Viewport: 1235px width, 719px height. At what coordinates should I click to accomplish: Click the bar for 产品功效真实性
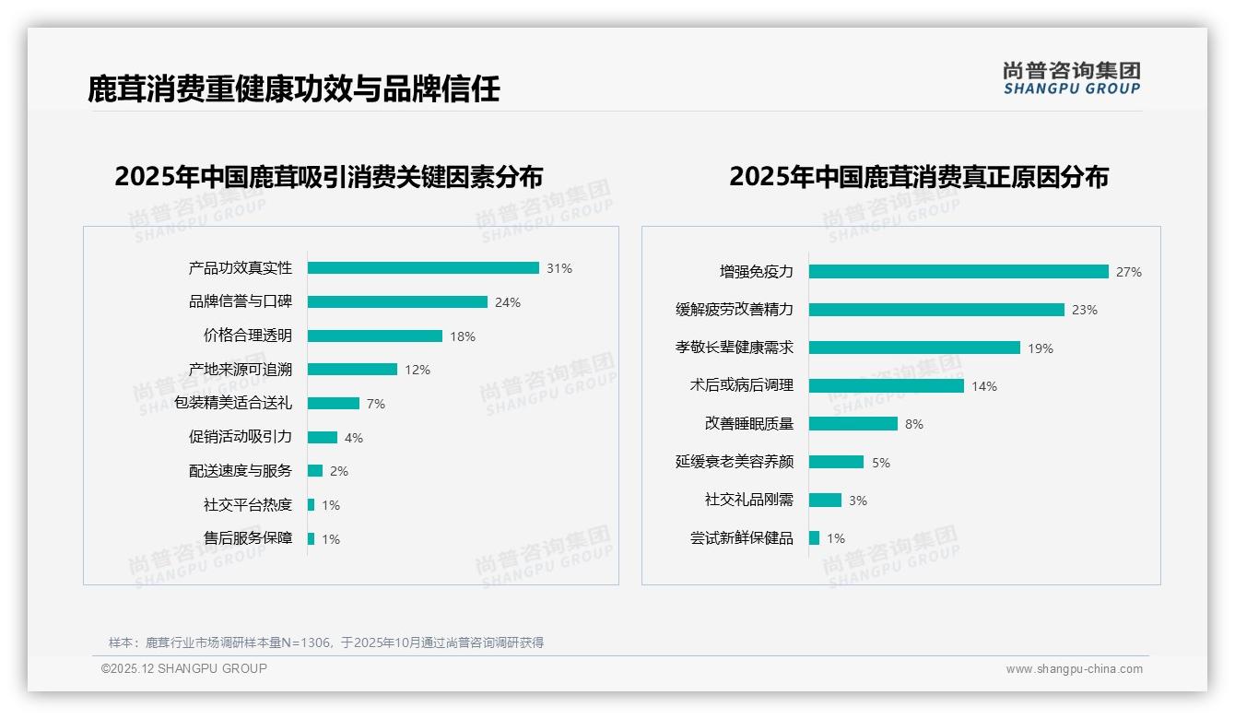(x=423, y=268)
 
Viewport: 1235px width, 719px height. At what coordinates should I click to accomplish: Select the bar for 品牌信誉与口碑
(x=397, y=302)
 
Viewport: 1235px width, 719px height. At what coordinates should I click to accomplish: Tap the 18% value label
(x=463, y=336)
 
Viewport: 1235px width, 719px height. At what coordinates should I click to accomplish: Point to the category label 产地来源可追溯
(x=241, y=370)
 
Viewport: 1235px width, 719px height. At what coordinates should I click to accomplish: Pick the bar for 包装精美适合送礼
(x=334, y=404)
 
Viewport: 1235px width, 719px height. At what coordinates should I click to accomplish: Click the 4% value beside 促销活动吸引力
(x=354, y=438)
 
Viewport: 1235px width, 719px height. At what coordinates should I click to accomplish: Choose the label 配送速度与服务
(x=241, y=471)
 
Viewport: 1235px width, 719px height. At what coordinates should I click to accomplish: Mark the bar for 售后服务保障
(x=312, y=538)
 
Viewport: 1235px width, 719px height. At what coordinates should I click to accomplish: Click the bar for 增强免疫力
(x=959, y=272)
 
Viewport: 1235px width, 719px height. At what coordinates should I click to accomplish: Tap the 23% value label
(x=1085, y=311)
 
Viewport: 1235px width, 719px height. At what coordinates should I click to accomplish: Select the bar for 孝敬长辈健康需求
(x=914, y=348)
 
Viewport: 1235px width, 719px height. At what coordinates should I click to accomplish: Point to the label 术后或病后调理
(x=742, y=386)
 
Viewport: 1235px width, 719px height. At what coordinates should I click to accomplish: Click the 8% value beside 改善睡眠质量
(x=914, y=424)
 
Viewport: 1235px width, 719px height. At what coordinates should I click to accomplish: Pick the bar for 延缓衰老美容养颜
(x=837, y=462)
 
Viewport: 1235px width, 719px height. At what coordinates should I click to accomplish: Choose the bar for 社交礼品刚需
(x=826, y=500)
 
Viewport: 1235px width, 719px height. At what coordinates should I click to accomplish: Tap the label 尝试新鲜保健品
(x=742, y=538)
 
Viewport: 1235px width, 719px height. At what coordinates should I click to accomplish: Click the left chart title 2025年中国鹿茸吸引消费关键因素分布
(x=329, y=176)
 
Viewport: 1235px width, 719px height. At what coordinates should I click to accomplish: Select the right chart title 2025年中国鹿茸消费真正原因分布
(x=919, y=176)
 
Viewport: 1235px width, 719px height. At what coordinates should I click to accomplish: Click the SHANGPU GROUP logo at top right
(x=1072, y=77)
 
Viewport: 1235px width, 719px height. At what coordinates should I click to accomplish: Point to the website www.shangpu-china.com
(x=1074, y=669)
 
